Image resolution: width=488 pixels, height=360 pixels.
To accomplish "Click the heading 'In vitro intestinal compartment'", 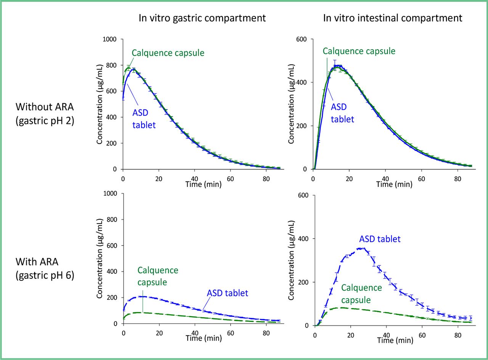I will click(393, 18).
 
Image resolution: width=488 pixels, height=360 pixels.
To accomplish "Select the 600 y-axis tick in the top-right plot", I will click(303, 39).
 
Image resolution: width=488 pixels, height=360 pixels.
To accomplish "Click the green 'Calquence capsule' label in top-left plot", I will click(168, 53).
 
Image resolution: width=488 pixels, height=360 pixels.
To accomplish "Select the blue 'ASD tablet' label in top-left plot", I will click(144, 119).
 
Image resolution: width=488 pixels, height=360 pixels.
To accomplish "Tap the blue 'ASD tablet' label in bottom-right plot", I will click(380, 239).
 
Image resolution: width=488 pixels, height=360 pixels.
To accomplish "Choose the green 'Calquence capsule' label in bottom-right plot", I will click(361, 294).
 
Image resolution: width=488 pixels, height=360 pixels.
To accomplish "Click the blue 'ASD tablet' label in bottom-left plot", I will click(228, 293).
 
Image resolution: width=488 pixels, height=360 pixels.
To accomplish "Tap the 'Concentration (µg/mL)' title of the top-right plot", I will click(292, 104).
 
